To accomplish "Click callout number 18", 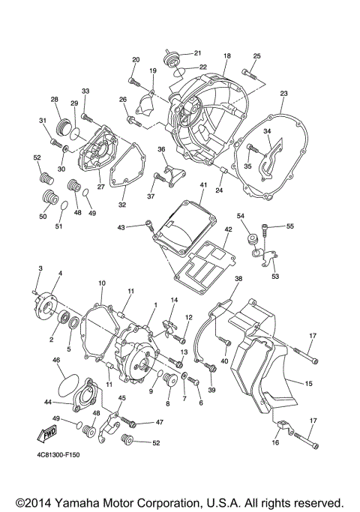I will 226,56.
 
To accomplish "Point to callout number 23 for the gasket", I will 283,93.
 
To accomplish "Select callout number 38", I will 238,279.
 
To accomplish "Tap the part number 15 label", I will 307,384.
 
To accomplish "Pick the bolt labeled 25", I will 250,73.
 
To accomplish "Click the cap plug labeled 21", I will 169,55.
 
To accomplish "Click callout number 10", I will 102,283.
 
